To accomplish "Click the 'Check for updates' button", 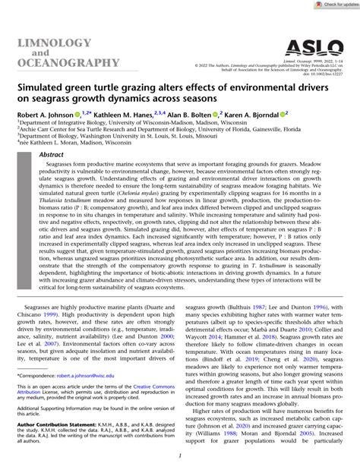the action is [x=330, y=5].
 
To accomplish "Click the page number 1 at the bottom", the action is [x=179, y=456].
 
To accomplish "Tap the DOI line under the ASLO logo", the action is [x=324, y=74].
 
